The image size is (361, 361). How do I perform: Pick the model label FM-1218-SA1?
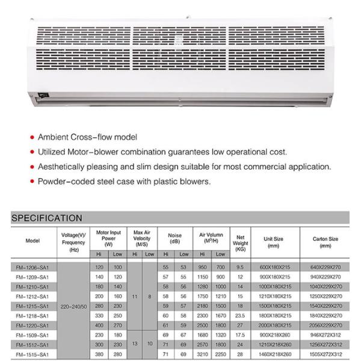(x=32, y=315)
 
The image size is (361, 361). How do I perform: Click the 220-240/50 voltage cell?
(x=75, y=306)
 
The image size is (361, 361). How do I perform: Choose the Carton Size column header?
(x=326, y=242)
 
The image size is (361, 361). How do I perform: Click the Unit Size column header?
(x=274, y=242)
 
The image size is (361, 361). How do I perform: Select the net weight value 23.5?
(x=241, y=315)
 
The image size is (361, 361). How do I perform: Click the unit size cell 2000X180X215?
(x=274, y=325)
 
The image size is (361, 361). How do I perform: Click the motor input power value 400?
(x=99, y=325)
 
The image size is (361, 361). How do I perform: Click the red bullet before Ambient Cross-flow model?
(x=32, y=138)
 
